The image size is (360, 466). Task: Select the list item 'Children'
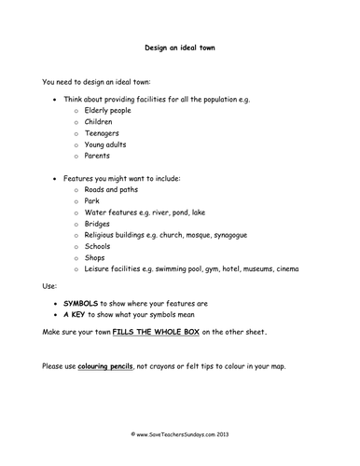(99, 121)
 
